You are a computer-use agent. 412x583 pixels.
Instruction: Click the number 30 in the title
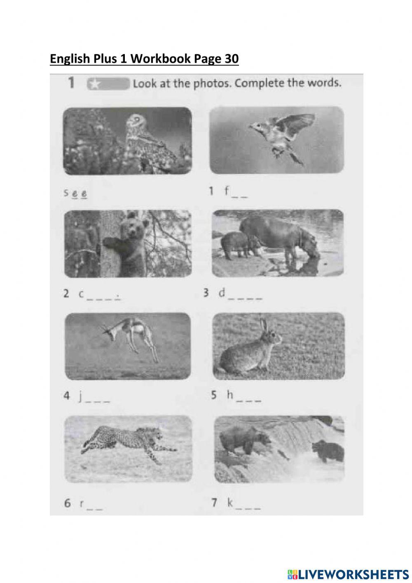(x=232, y=59)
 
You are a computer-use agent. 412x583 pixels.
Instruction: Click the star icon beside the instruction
(x=95, y=84)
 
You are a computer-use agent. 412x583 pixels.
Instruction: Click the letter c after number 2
(x=81, y=294)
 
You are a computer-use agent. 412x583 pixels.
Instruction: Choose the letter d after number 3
(x=222, y=293)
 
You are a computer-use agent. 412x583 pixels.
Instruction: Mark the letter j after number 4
(x=81, y=397)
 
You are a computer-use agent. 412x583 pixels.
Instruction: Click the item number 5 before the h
(x=214, y=395)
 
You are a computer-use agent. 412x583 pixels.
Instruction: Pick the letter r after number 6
(x=82, y=503)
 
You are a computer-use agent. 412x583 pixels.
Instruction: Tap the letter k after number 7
(x=230, y=503)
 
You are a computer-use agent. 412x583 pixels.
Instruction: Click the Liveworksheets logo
(x=348, y=574)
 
